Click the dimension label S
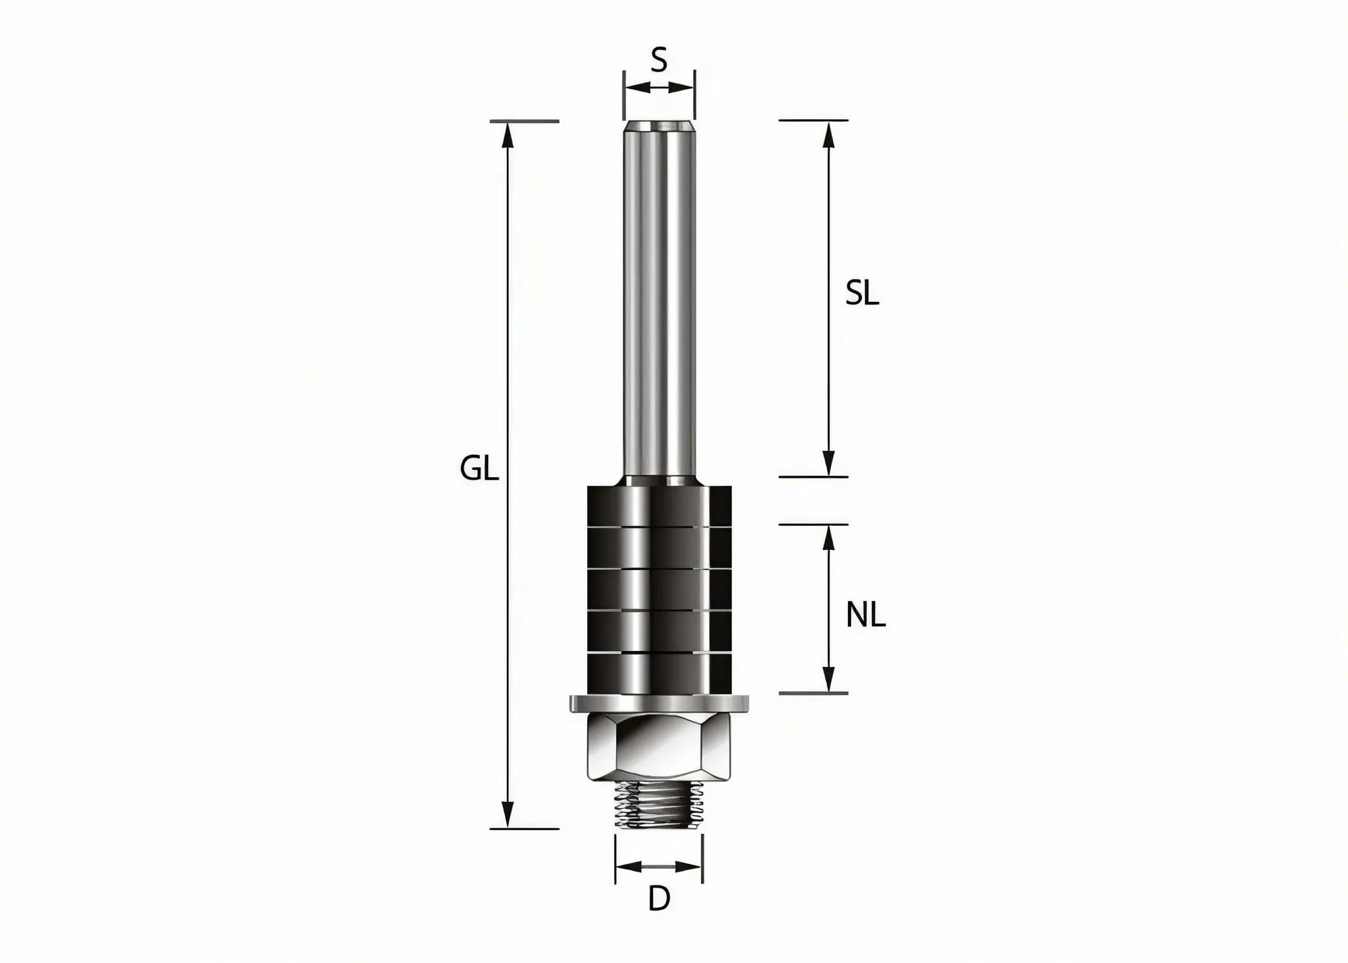[x=658, y=61]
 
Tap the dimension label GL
[x=479, y=468]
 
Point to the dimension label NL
[x=865, y=615]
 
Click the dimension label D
[x=658, y=899]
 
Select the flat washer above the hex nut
[x=658, y=704]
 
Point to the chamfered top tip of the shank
[x=658, y=126]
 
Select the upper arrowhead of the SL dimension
[x=829, y=135]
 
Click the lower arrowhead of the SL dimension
[x=829, y=464]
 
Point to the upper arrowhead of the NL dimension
[x=829, y=538]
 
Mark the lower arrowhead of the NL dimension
[x=829, y=679]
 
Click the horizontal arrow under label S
[x=658, y=87]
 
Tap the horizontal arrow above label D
[x=658, y=867]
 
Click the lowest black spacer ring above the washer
[x=658, y=674]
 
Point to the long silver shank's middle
[x=658, y=300]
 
